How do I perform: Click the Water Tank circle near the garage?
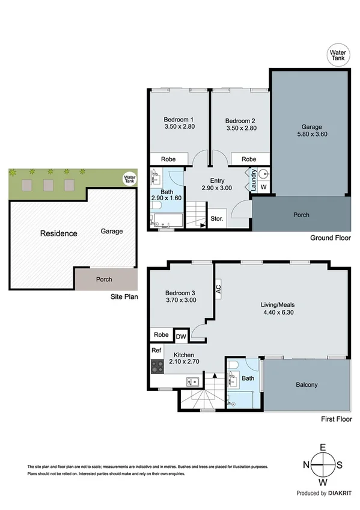click(337, 55)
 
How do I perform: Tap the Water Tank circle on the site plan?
click(129, 178)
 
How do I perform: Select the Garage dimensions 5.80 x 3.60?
click(312, 136)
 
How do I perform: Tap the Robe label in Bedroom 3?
click(160, 335)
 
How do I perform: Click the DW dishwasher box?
click(180, 336)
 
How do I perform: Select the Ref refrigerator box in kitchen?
click(156, 350)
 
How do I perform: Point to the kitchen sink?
click(192, 380)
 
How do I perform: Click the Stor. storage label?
click(216, 219)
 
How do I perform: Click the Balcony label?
click(307, 385)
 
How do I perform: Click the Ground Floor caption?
click(330, 238)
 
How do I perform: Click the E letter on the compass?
click(323, 447)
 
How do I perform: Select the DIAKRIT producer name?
click(340, 493)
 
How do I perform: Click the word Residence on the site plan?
click(58, 233)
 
